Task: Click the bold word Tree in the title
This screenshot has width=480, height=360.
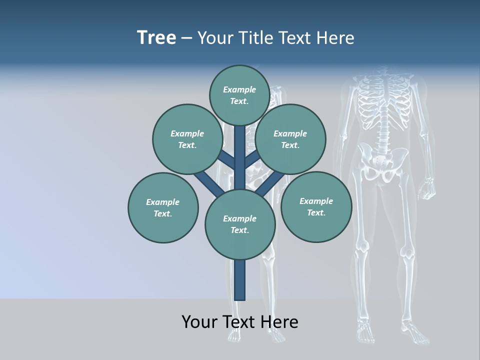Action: point(156,37)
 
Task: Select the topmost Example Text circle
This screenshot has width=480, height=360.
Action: point(239,95)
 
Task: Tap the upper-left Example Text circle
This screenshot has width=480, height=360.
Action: point(187,139)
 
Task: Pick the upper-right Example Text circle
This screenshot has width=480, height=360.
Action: point(290,139)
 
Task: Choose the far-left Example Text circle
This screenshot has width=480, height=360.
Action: point(163,207)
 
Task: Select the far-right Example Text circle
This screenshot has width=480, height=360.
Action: point(316,206)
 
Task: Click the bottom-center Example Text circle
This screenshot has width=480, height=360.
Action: point(240,224)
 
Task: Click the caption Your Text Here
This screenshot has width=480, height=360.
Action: point(240,321)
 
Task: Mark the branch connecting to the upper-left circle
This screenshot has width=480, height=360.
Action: point(227,161)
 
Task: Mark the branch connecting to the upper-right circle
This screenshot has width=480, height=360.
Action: point(252,160)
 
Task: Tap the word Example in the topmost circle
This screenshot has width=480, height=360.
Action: point(239,89)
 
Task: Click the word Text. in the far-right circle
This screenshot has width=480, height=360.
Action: point(316,212)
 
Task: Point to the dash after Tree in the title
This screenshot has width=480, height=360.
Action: point(186,38)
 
